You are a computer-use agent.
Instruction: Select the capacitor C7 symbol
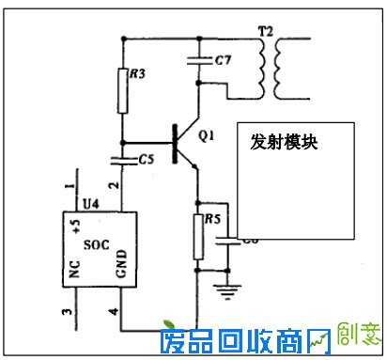pyautogui.click(x=197, y=60)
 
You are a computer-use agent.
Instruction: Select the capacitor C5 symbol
pyautogui.click(x=123, y=157)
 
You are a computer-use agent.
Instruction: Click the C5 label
pyautogui.click(x=146, y=161)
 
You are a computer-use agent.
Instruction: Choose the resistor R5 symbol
pyautogui.click(x=197, y=235)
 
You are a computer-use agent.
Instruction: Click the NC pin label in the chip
pyautogui.click(x=74, y=272)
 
